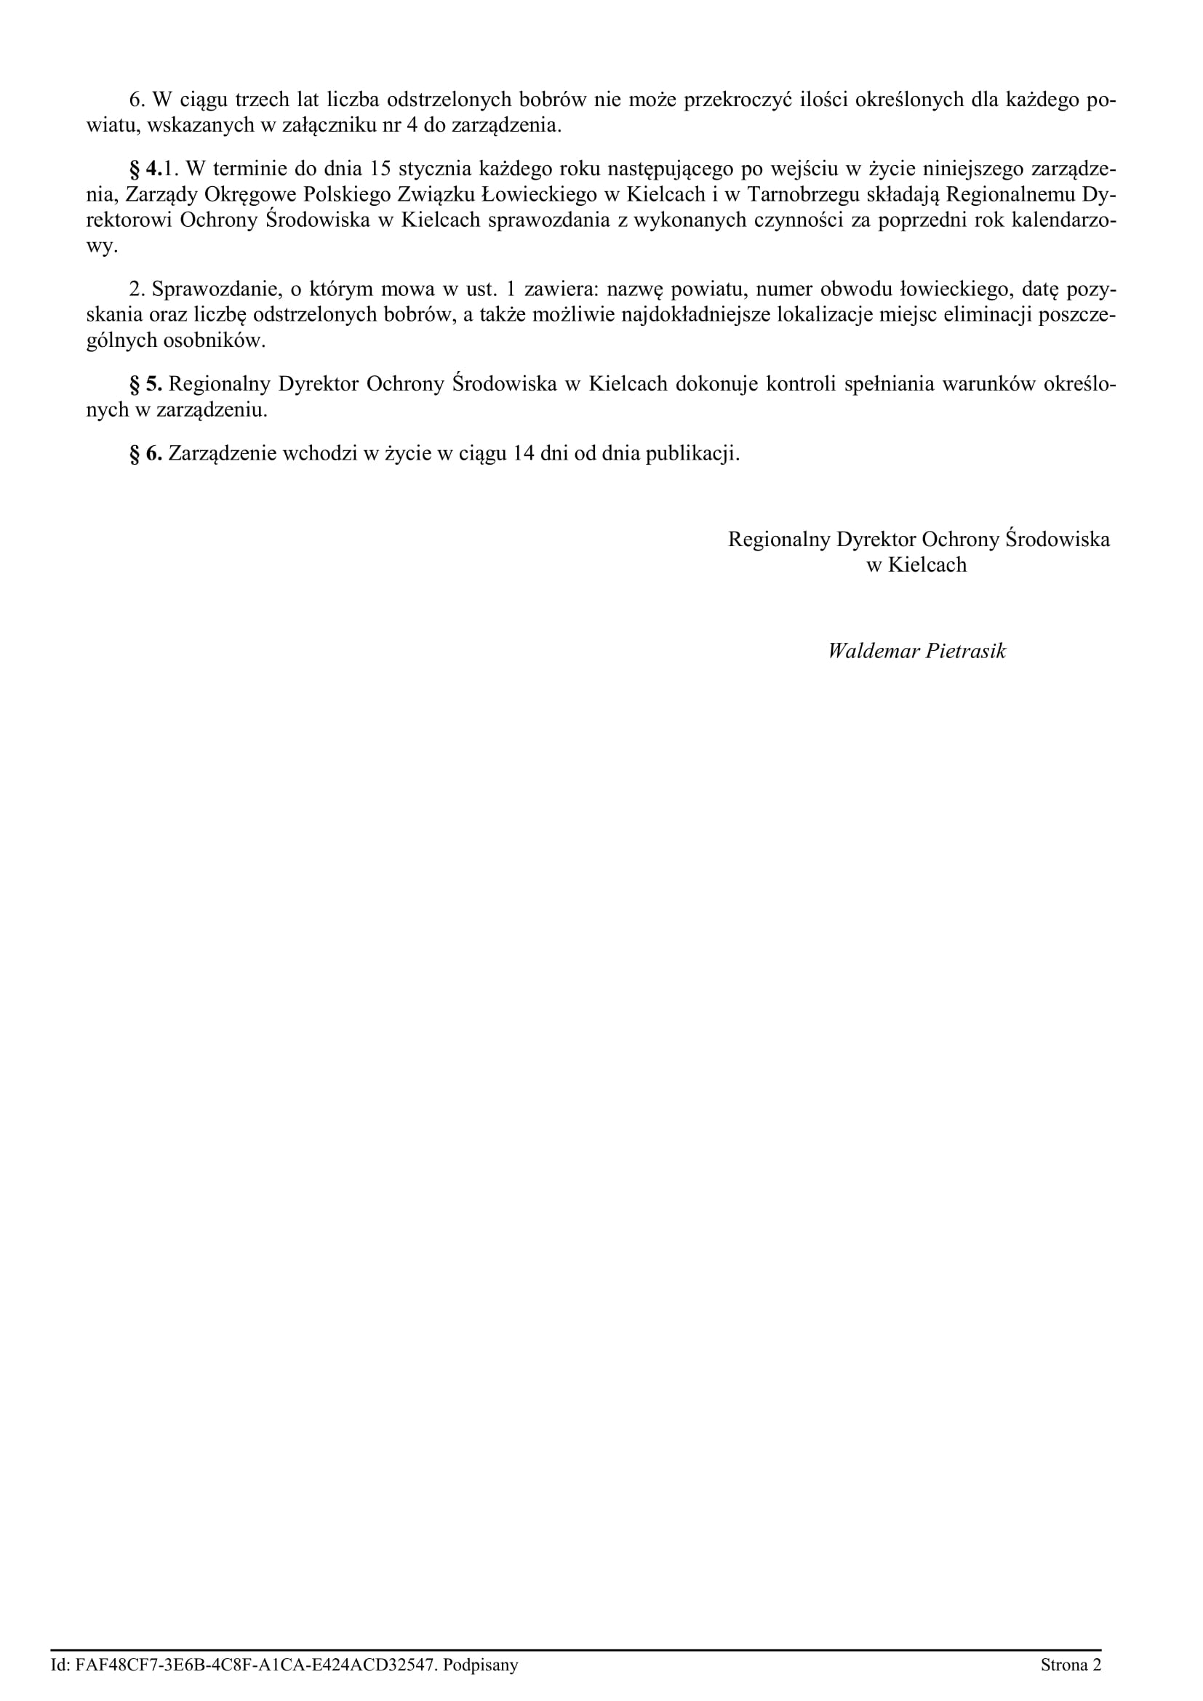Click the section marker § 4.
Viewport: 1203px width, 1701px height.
[146, 169]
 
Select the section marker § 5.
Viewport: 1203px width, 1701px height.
[146, 385]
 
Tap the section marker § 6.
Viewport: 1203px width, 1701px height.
[146, 453]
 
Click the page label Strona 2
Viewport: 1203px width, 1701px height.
[1071, 1665]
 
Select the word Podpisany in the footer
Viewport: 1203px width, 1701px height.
[481, 1665]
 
